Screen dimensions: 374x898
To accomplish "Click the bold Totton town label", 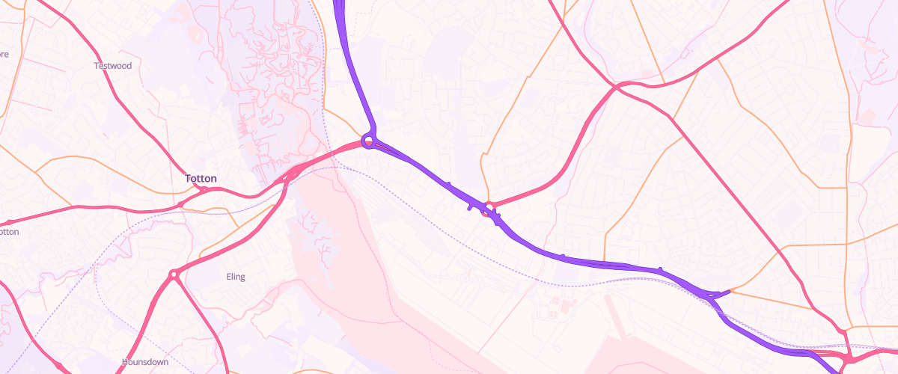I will tap(201, 179).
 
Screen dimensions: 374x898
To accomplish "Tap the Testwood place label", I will tap(113, 66).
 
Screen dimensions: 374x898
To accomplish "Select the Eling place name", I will tap(236, 277).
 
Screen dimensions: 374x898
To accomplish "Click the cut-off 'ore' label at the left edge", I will tap(4, 54).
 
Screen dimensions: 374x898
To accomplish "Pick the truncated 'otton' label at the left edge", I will tap(9, 232).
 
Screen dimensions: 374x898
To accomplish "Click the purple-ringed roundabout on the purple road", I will tap(367, 140).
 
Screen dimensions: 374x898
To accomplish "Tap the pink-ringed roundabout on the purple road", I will tap(488, 208).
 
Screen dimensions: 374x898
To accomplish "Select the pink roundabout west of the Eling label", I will tap(174, 275).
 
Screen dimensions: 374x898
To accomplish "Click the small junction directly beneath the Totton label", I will tap(202, 190).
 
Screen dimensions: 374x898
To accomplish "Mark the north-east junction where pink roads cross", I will tap(618, 88).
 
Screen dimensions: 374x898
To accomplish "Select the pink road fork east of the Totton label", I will tap(289, 175).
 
